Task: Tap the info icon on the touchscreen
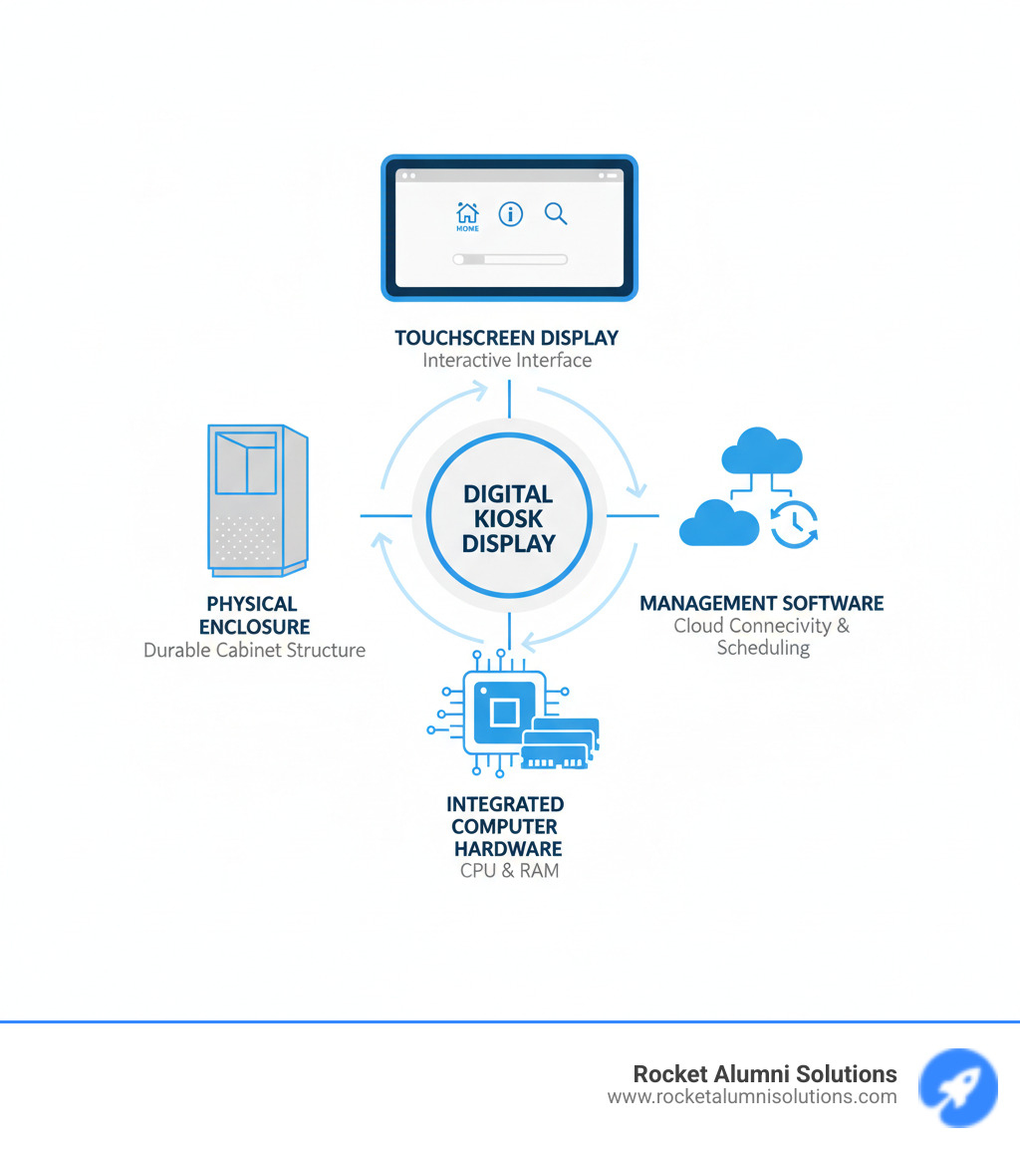click(x=511, y=213)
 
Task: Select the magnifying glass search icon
click(x=556, y=213)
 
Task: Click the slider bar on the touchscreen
click(x=510, y=259)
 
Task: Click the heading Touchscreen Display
click(x=508, y=338)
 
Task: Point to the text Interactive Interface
click(x=507, y=361)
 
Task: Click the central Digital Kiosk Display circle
click(x=509, y=518)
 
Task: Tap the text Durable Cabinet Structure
click(x=254, y=651)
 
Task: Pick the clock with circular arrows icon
click(x=794, y=524)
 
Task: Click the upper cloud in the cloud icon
click(x=762, y=451)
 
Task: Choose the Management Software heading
click(x=762, y=604)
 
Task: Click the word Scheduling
click(x=763, y=649)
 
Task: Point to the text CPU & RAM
click(x=509, y=871)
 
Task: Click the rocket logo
click(x=957, y=1087)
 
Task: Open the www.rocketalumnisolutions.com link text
click(x=752, y=1097)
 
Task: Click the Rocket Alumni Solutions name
click(x=765, y=1074)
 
